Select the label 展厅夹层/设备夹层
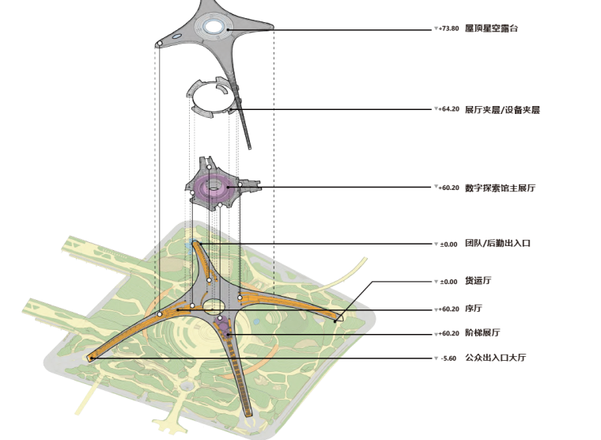502,110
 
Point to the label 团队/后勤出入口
497,244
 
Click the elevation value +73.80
448,28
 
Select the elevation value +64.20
448,109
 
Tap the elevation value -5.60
448,358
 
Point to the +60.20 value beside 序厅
448,309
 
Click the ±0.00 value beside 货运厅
448,282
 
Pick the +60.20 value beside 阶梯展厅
448,333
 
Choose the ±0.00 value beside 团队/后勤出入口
448,244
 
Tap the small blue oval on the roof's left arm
175,36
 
